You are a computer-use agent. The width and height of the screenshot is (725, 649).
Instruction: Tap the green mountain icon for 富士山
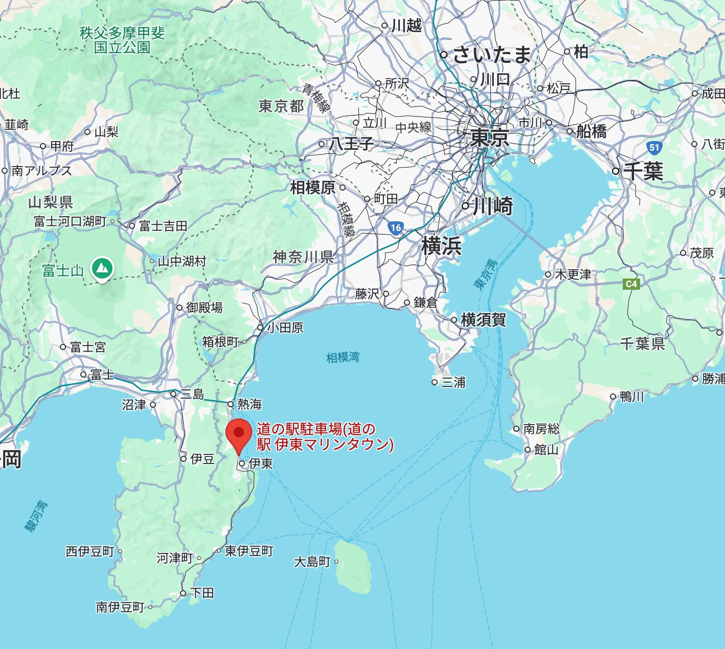102,268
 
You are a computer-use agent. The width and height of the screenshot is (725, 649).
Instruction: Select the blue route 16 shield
395,228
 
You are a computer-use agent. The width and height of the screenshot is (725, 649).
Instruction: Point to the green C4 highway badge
631,284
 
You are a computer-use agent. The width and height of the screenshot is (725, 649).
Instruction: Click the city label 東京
490,138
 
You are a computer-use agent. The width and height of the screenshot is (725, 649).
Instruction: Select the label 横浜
441,246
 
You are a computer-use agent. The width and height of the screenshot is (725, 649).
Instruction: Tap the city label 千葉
643,171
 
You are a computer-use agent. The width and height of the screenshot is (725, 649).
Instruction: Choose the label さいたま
492,55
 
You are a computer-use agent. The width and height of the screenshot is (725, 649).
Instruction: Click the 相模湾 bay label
343,357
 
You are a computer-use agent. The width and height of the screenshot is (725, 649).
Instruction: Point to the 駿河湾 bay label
36,516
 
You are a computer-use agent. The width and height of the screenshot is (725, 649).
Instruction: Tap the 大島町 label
312,562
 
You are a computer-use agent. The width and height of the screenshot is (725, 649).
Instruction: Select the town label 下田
202,593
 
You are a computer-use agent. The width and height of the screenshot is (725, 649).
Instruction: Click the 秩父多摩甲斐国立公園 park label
122,40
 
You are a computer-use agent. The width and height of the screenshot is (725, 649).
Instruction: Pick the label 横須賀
483,320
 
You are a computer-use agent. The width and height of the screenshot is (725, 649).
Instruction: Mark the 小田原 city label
285,328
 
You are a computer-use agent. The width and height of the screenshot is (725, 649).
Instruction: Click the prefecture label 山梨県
50,202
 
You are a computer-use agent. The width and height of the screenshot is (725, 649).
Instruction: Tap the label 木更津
573,274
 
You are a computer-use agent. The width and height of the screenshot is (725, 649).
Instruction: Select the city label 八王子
351,144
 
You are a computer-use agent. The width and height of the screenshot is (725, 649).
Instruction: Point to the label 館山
546,450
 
